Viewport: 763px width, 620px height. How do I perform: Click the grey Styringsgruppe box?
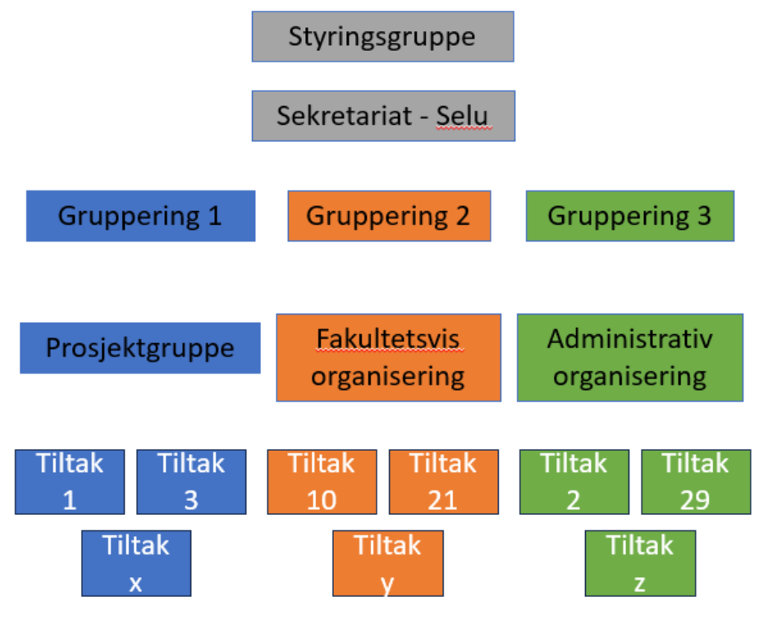(382, 37)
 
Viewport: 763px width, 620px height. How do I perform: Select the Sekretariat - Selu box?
(382, 116)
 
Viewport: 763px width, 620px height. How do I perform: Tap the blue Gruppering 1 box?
(140, 216)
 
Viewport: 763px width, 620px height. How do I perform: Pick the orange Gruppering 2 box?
(389, 216)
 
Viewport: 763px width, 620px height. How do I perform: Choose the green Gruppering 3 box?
(629, 216)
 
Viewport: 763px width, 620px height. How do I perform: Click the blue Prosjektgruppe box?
(140, 348)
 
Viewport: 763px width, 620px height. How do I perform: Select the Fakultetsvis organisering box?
(388, 357)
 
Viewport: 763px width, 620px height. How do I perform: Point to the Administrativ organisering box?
(629, 357)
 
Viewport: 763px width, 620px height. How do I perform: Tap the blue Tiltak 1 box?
(70, 482)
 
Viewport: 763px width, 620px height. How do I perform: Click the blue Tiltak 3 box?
(191, 482)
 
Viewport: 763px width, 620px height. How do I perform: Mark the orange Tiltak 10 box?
(322, 482)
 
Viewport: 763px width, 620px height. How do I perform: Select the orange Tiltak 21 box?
(443, 482)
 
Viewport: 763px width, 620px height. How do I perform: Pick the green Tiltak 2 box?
(573, 482)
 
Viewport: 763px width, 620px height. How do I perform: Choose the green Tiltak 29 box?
(695, 482)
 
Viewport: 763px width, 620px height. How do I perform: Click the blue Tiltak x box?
(136, 563)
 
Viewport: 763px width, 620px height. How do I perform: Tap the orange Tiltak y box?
(387, 563)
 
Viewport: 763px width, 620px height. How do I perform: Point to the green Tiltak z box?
(639, 563)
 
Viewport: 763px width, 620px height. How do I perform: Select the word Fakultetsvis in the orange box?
(388, 339)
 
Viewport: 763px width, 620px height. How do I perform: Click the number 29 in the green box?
(695, 500)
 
